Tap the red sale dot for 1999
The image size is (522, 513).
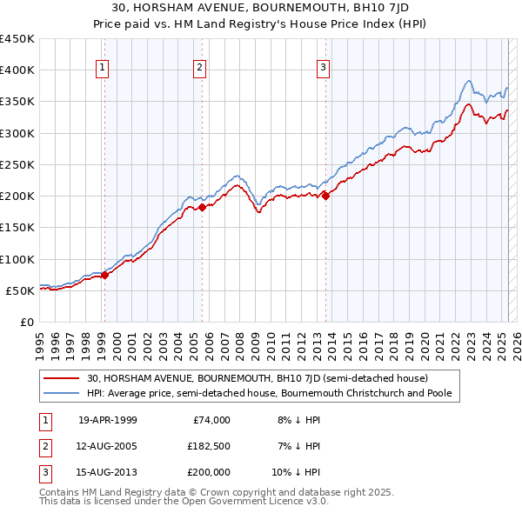pyautogui.click(x=104, y=275)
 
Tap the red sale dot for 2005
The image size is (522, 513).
pyautogui.click(x=202, y=207)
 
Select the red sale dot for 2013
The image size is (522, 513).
pyautogui.click(x=325, y=196)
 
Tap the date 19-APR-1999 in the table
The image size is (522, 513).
pyautogui.click(x=108, y=420)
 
